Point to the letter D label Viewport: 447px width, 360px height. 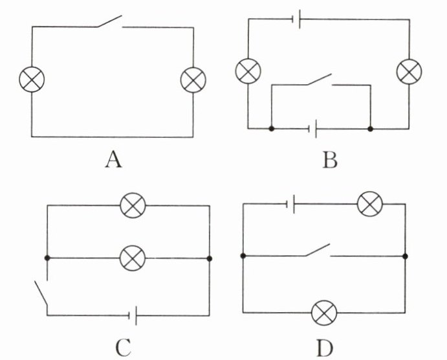325,348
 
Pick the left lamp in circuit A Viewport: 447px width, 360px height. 30,80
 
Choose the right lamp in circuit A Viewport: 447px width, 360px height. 192,80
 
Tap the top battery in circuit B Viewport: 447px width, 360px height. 298,20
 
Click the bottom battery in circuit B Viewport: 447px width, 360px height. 312,129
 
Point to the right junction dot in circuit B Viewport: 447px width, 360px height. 371,129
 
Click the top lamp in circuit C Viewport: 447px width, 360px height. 134,206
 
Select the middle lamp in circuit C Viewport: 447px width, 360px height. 134,258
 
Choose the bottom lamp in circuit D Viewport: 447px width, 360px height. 323,313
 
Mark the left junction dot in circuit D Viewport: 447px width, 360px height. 243,256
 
